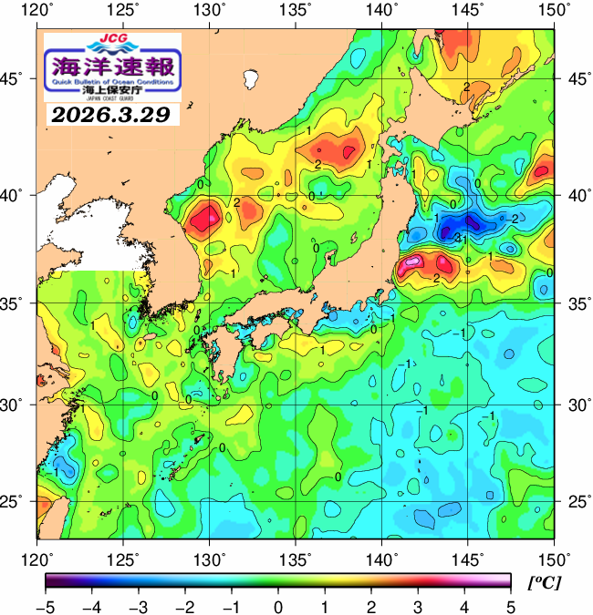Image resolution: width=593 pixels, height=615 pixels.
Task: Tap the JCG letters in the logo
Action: (x=113, y=39)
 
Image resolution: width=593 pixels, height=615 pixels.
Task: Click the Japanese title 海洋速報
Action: (x=113, y=67)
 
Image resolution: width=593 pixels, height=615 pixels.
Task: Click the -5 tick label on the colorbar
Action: (x=46, y=605)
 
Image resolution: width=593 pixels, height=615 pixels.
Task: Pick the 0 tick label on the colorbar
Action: (x=277, y=605)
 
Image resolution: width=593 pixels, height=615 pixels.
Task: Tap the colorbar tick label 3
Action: (x=417, y=605)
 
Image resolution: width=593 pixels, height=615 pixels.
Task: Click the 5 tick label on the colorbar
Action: (x=510, y=605)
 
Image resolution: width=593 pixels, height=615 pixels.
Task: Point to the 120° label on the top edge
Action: (x=37, y=11)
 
